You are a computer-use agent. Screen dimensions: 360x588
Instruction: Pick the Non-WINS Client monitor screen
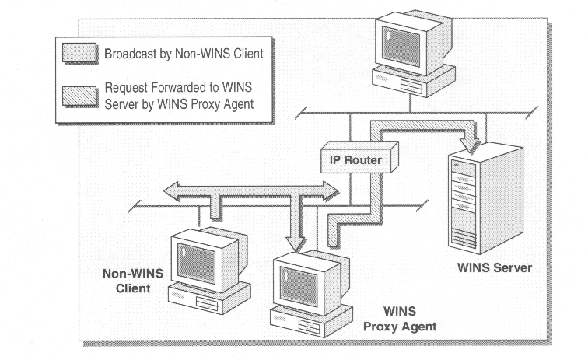pyautogui.click(x=191, y=256)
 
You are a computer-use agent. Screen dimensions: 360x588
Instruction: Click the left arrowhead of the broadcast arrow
pyautogui.click(x=169, y=190)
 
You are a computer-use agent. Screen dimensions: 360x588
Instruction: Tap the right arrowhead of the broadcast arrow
pyautogui.click(x=332, y=189)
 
